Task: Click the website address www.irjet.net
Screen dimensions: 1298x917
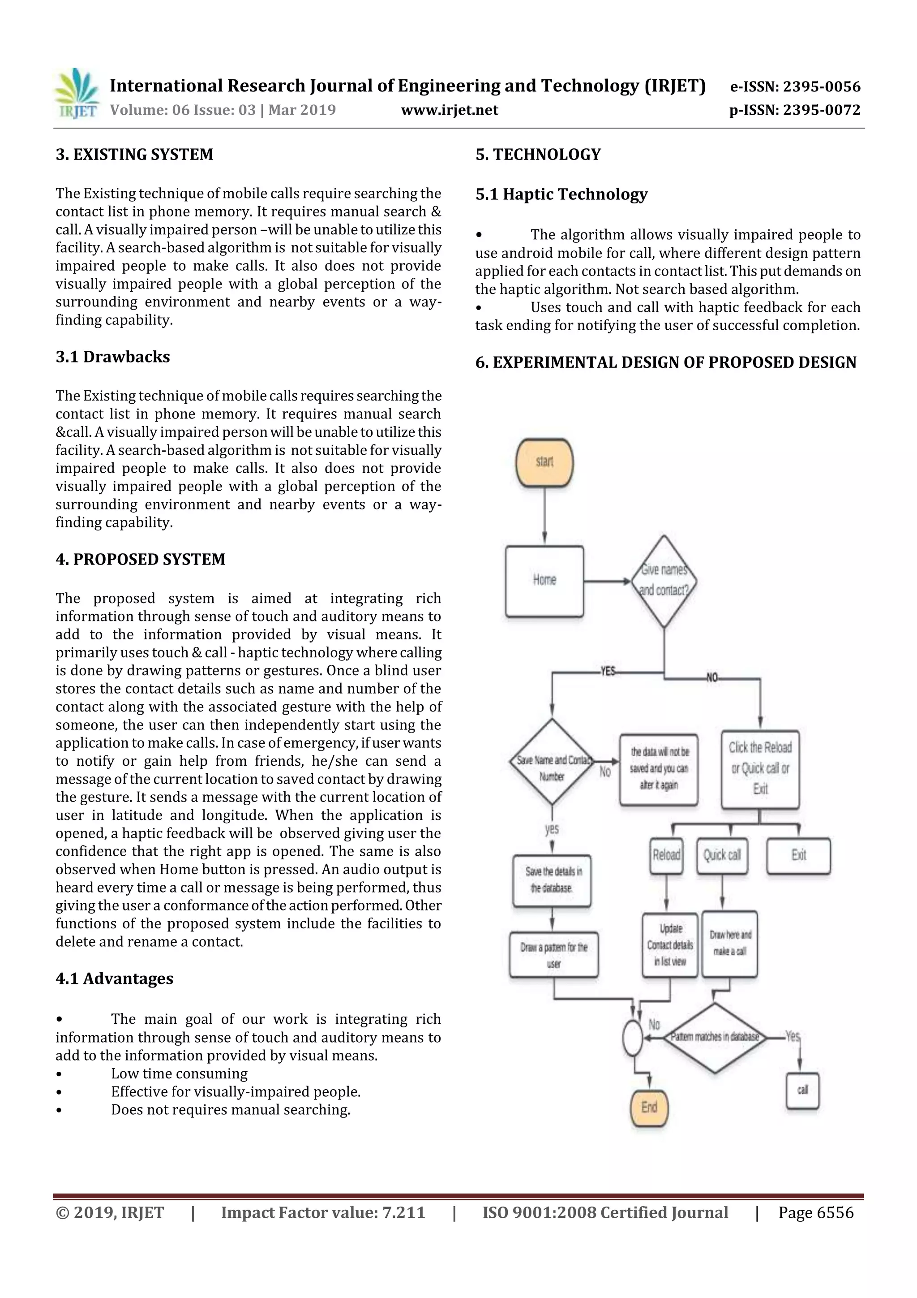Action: (x=449, y=110)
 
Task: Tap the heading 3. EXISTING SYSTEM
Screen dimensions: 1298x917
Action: (x=134, y=154)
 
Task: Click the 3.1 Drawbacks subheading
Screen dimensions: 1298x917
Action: (x=112, y=357)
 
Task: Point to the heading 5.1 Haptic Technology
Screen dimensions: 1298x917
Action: (x=561, y=194)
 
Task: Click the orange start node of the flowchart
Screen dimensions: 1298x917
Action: (x=544, y=462)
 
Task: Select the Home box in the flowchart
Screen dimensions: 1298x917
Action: (x=544, y=581)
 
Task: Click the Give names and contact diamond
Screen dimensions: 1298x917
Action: (x=664, y=581)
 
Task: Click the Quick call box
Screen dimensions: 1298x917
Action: (x=722, y=855)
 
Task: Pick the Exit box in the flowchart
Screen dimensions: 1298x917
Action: (x=798, y=855)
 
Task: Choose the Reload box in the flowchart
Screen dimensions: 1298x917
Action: (x=667, y=855)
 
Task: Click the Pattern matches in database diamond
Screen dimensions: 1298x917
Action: (x=714, y=1037)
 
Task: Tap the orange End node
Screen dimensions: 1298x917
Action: (x=649, y=1108)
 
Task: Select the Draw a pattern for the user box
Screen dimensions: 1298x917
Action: (x=554, y=955)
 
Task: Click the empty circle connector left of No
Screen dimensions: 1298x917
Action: (x=632, y=1037)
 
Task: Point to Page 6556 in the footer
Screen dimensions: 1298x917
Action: (x=815, y=1212)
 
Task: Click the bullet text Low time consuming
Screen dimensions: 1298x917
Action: (x=179, y=1073)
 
